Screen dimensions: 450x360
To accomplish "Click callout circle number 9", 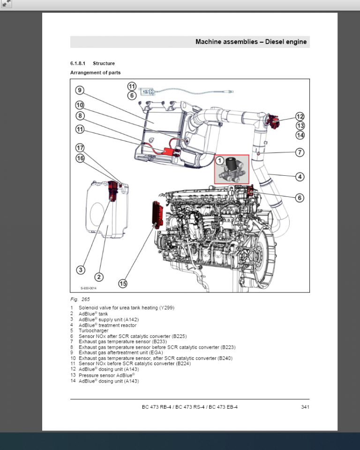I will (80, 90).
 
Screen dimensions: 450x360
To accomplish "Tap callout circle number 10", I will (80, 105).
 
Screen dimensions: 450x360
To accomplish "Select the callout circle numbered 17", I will (80, 148).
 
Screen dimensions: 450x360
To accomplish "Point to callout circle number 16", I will (80, 158).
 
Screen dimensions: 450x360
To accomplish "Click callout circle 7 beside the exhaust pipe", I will (300, 152).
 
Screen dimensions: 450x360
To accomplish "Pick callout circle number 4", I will (300, 177).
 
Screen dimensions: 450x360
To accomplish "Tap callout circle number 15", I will (123, 283).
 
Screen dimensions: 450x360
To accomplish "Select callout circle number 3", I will (81, 270).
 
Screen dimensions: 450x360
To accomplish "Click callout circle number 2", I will (99, 277).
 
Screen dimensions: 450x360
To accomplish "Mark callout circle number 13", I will (300, 126).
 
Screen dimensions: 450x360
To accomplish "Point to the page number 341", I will (305, 407).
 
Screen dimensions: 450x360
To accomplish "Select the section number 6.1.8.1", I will (78, 63).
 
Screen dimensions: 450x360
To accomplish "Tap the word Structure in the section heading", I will (104, 63).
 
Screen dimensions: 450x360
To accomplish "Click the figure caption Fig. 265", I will (80, 299).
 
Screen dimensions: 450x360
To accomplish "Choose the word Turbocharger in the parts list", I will (93, 330).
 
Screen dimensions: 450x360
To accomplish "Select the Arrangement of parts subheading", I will (95, 73).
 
